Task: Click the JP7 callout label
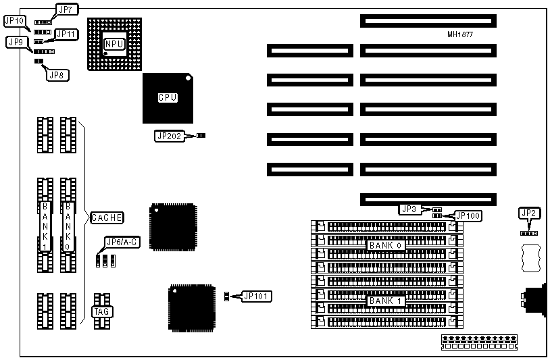67,9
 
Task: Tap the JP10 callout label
14,21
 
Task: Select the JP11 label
66,34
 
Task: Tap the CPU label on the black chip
168,97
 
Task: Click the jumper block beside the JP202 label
201,136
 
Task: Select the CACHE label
107,217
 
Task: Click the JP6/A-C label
122,242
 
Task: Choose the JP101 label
256,296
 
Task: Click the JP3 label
408,209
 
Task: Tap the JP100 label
468,215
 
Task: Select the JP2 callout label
528,213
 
